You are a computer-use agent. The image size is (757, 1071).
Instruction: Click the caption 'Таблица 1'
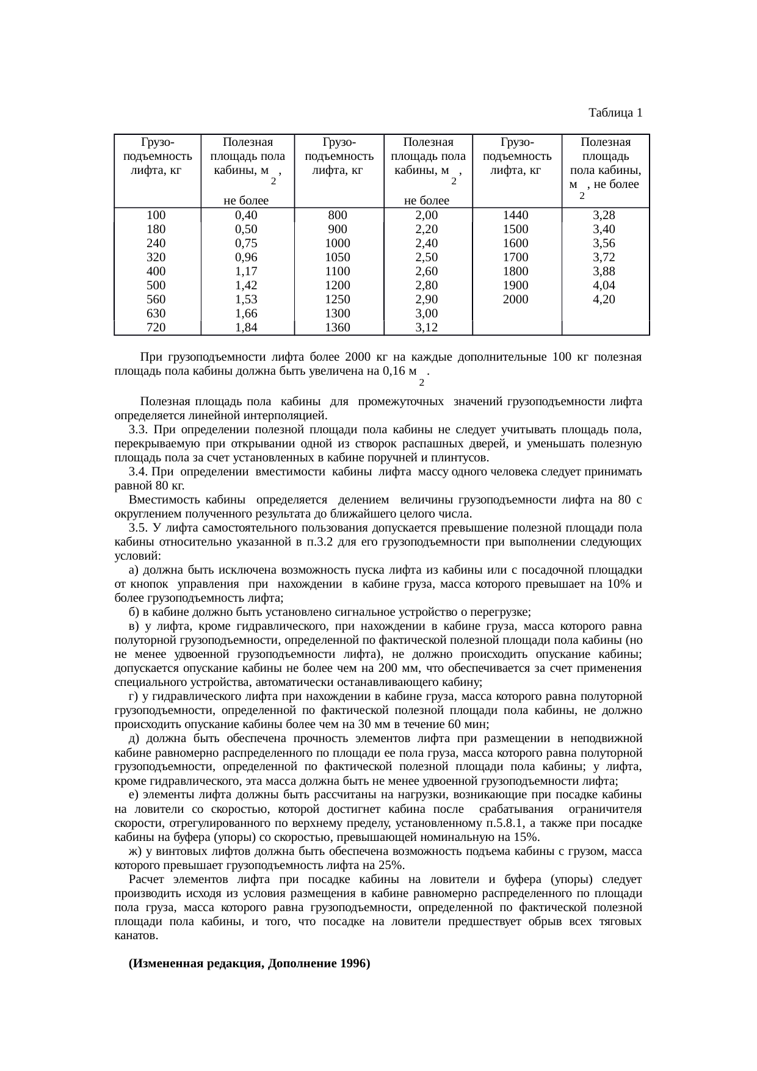[615, 113]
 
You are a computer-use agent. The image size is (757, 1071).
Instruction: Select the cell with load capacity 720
[156, 327]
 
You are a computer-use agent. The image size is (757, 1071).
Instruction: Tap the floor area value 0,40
[246, 215]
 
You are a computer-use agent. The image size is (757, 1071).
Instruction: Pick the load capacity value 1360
[338, 327]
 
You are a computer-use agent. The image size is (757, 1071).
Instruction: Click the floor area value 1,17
[246, 271]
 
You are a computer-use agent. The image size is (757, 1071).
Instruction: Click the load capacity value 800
[338, 215]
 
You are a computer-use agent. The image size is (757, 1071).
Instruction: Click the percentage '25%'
[390, 865]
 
